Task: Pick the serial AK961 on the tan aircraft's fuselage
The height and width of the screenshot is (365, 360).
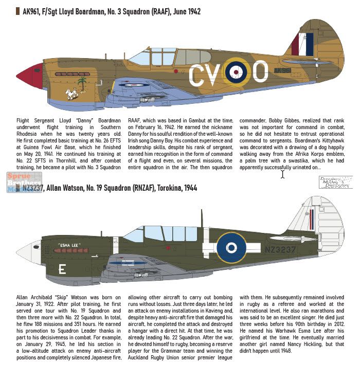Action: (282, 70)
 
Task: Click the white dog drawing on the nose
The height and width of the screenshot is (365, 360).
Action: (71, 94)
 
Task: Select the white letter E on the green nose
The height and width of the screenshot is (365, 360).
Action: (62, 269)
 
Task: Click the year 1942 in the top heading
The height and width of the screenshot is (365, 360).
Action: (190, 11)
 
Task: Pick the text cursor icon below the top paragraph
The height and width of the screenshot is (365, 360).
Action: (282, 174)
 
